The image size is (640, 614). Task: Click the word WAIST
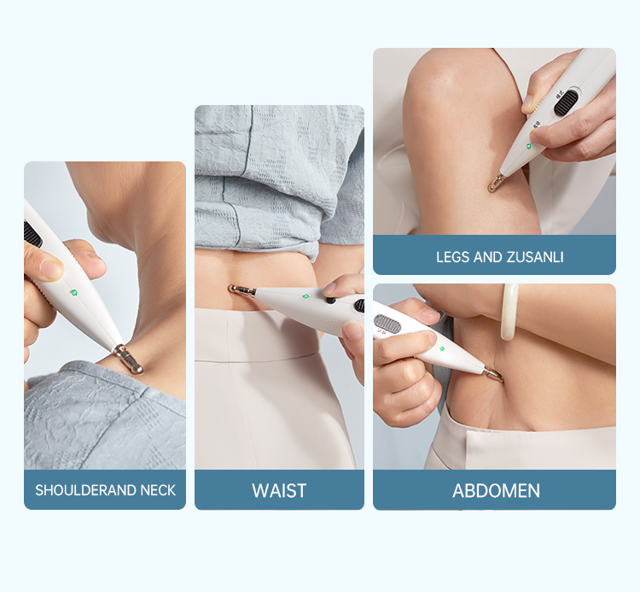click(x=279, y=490)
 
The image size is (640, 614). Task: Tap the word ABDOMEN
click(x=496, y=490)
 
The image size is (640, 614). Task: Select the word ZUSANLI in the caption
click(x=535, y=257)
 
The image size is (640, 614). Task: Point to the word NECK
click(x=158, y=490)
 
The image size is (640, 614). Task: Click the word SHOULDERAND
click(x=86, y=490)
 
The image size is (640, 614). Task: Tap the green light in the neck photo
click(x=74, y=293)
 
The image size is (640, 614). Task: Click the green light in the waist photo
click(x=305, y=296)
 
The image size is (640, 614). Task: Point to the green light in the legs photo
click(x=528, y=146)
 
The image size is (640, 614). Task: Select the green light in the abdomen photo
click(x=442, y=349)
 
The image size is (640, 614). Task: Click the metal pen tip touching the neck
click(x=129, y=359)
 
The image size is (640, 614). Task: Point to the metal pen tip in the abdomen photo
click(x=493, y=374)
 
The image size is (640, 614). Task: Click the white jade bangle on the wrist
click(x=509, y=312)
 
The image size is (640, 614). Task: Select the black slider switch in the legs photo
click(x=566, y=102)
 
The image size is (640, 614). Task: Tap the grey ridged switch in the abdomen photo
click(x=387, y=323)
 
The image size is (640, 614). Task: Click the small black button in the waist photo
click(x=330, y=301)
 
